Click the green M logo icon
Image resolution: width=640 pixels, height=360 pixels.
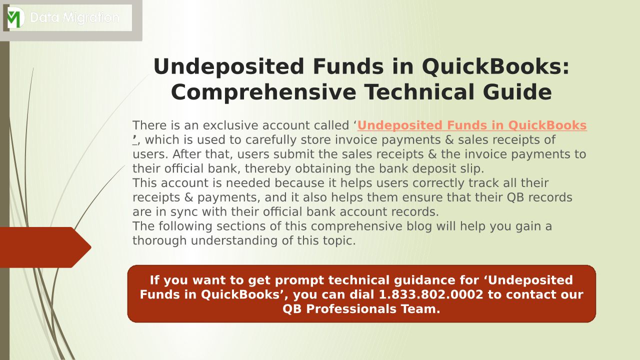pos(15,17)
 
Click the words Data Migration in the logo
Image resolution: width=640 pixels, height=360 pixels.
pos(74,17)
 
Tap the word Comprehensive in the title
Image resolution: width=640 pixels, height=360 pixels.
pos(263,92)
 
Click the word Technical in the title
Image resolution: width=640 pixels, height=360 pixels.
pos(419,92)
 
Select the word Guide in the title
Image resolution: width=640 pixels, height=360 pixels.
pos(517,92)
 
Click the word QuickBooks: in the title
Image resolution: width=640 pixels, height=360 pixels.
pos(495,66)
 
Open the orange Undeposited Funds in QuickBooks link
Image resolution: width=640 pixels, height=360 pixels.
pos(471,125)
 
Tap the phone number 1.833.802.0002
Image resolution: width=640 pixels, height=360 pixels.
pos(431,294)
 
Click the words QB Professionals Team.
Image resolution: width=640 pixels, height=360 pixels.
pos(361,309)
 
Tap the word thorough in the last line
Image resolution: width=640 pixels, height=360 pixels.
pos(159,240)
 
